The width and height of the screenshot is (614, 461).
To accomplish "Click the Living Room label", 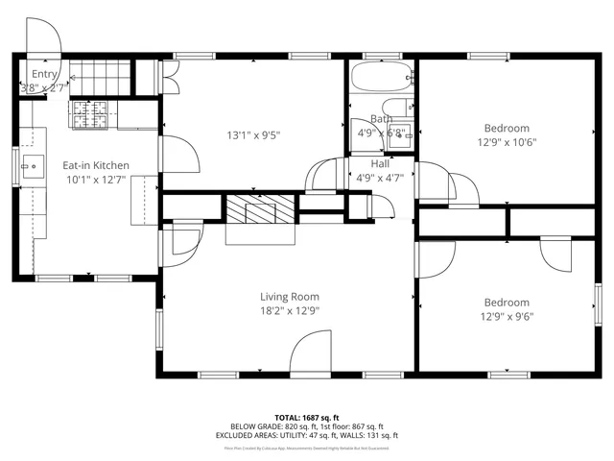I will pos(289,297).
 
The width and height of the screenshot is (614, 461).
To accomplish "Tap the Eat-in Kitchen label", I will pos(96,165).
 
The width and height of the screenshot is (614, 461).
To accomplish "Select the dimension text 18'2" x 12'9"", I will pos(289,310).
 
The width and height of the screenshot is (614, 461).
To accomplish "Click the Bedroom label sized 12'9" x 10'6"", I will pos(506,129).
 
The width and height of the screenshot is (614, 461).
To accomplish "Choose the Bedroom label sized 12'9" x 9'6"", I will pos(506,303).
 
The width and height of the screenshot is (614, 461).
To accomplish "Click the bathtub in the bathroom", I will pos(381,76).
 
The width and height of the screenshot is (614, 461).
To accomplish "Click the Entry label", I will pos(44,74).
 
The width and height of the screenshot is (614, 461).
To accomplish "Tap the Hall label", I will pos(380,164).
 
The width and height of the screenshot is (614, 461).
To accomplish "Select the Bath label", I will pos(382,119).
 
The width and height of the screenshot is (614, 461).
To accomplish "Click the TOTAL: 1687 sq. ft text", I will pos(306,418).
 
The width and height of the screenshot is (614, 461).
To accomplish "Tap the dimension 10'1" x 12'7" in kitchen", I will pos(96,180).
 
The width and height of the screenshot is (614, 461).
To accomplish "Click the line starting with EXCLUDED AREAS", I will pos(306,435).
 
